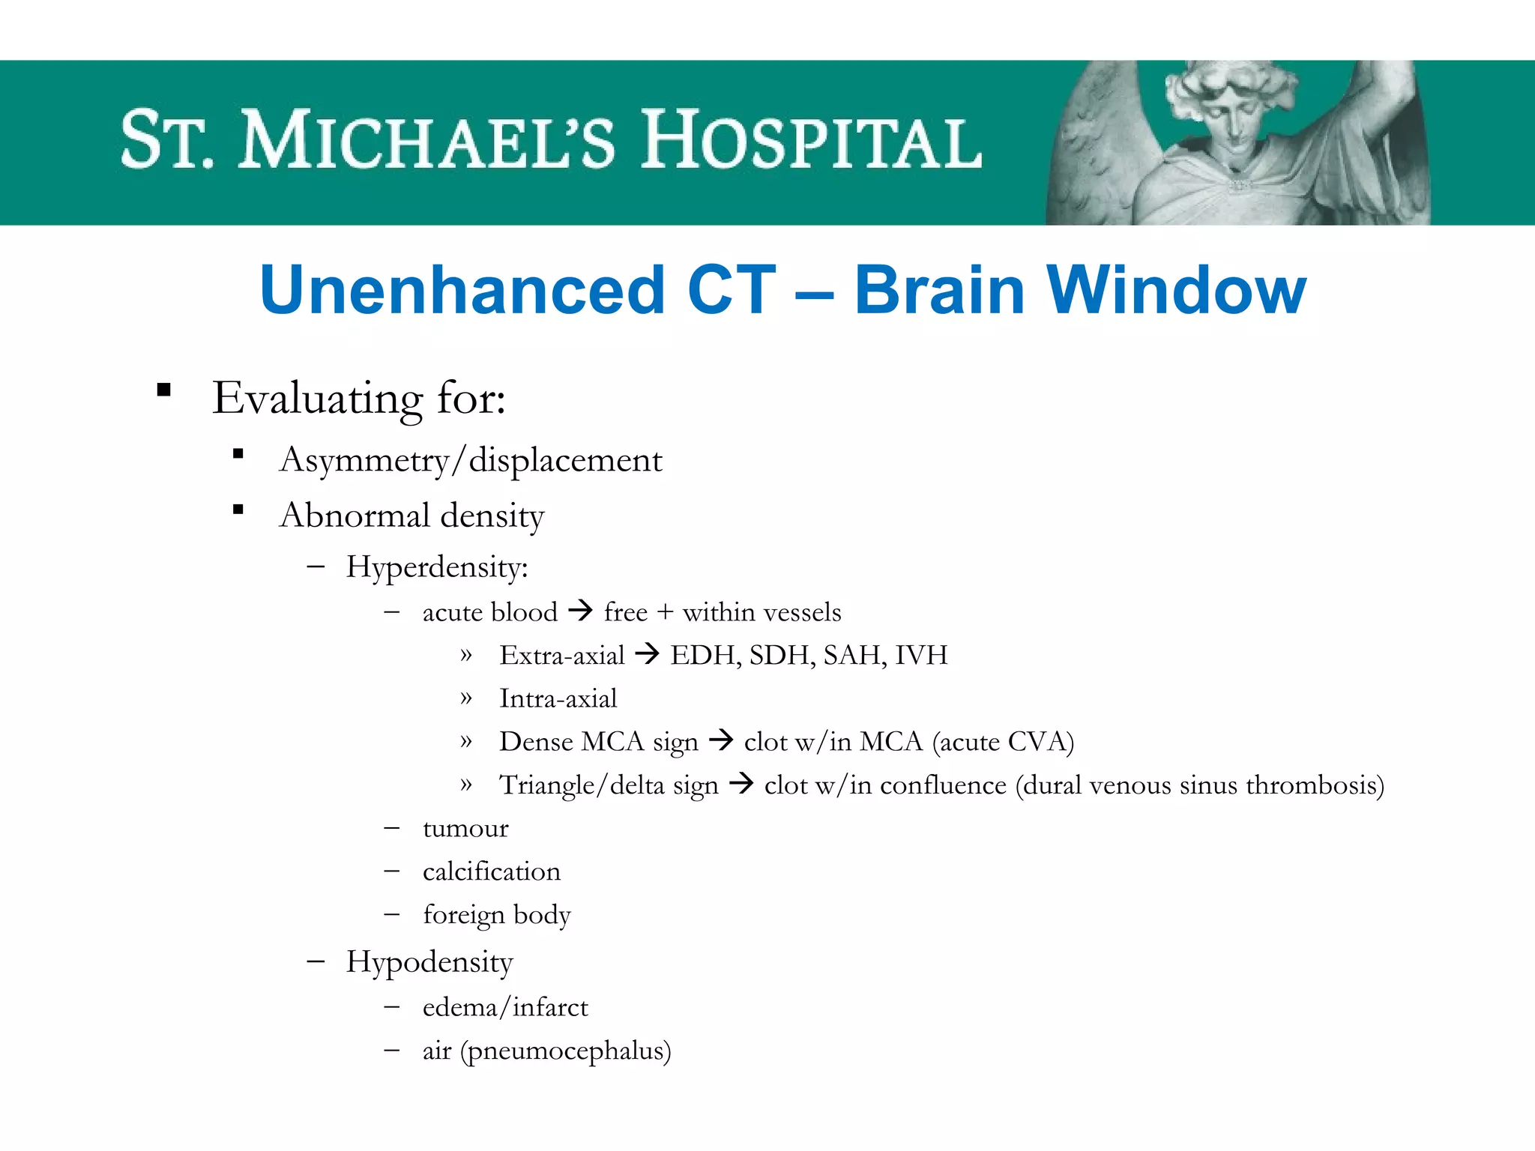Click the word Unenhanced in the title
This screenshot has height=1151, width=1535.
(x=462, y=291)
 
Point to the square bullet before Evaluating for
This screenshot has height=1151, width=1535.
(x=164, y=390)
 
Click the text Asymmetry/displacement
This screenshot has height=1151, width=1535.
(x=471, y=460)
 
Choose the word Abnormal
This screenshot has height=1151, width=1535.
(x=355, y=516)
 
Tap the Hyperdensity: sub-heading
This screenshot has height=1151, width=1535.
(x=437, y=567)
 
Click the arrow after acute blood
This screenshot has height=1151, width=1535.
(x=580, y=611)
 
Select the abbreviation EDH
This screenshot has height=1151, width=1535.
(x=705, y=656)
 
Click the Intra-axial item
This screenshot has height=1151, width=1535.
(x=558, y=698)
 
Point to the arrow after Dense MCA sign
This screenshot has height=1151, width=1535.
(x=721, y=741)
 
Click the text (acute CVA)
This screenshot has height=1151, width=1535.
(x=1003, y=742)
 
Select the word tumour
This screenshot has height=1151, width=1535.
(x=465, y=829)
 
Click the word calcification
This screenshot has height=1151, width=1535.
(x=492, y=871)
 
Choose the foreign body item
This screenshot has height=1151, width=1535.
(x=497, y=915)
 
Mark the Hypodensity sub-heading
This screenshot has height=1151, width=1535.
(x=429, y=962)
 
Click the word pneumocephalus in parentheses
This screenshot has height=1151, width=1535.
(x=566, y=1051)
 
